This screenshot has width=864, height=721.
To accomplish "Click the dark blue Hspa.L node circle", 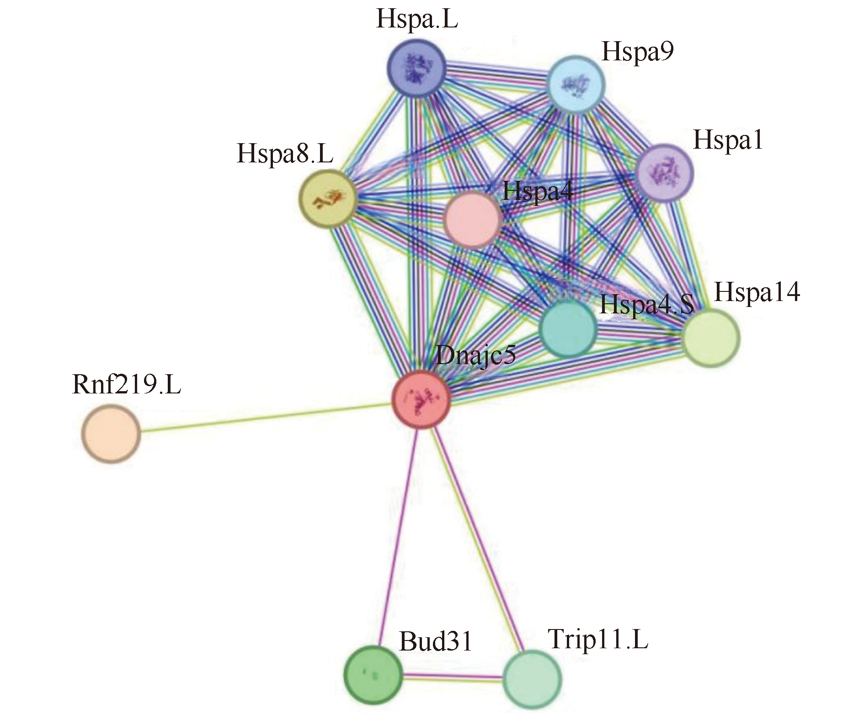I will point(416,68).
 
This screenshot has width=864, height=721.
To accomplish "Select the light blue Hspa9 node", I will point(576,84).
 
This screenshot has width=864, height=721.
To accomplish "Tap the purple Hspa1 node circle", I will point(665,173).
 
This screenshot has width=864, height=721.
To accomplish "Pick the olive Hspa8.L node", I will point(328,198).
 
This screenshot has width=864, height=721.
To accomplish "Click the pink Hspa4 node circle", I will point(472,219).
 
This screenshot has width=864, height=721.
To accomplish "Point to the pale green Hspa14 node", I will point(710,338).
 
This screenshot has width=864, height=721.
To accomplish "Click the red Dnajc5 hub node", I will point(421,399).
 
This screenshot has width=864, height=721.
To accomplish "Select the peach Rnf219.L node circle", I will point(111,433).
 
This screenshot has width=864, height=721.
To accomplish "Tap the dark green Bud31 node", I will point(373,674).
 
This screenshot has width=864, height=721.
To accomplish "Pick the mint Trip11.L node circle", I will point(532,679).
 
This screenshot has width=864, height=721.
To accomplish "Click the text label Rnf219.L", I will point(127,384).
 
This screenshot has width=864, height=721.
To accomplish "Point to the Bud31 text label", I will point(435,641).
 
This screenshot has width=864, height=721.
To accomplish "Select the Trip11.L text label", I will point(598,639).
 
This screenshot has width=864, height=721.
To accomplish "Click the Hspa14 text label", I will point(757,292).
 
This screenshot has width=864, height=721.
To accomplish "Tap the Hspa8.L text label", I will point(285,153).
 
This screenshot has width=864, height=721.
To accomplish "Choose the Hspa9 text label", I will point(637,51).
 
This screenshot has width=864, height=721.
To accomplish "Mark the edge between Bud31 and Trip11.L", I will point(453,677).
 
